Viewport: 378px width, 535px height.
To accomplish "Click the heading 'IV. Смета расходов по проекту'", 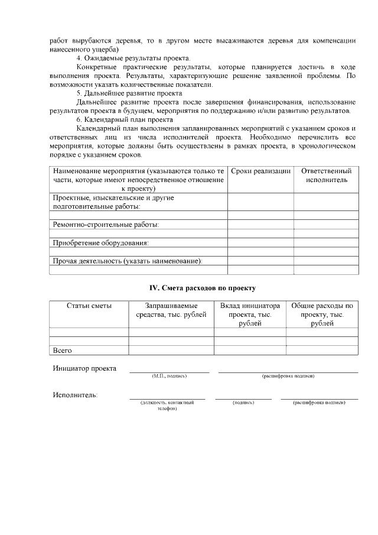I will pos(203,288).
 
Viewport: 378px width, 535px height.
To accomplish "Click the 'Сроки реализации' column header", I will pos(260,171).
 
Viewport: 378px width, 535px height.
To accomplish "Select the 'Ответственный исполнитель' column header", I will pos(326,175).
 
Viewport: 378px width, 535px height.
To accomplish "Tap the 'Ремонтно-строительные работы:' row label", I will pos(106,225).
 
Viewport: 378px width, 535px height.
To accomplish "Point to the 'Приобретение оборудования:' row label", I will pos(100,242).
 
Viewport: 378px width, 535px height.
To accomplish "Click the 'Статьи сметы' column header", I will pos(89,306).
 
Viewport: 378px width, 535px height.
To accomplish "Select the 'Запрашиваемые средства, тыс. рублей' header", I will pos(171,310).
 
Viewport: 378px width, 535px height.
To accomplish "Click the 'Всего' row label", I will pos(63,351).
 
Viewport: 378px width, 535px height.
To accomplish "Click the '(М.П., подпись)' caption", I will pos(169,376).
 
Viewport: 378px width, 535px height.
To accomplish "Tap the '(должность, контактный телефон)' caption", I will pos(167,406).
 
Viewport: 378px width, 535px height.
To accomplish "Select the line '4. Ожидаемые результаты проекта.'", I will pos(133,58).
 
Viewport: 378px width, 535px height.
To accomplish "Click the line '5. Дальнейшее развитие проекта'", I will pos(129,93).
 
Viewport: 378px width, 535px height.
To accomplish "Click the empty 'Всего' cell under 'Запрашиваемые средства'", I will pos(171,351).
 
